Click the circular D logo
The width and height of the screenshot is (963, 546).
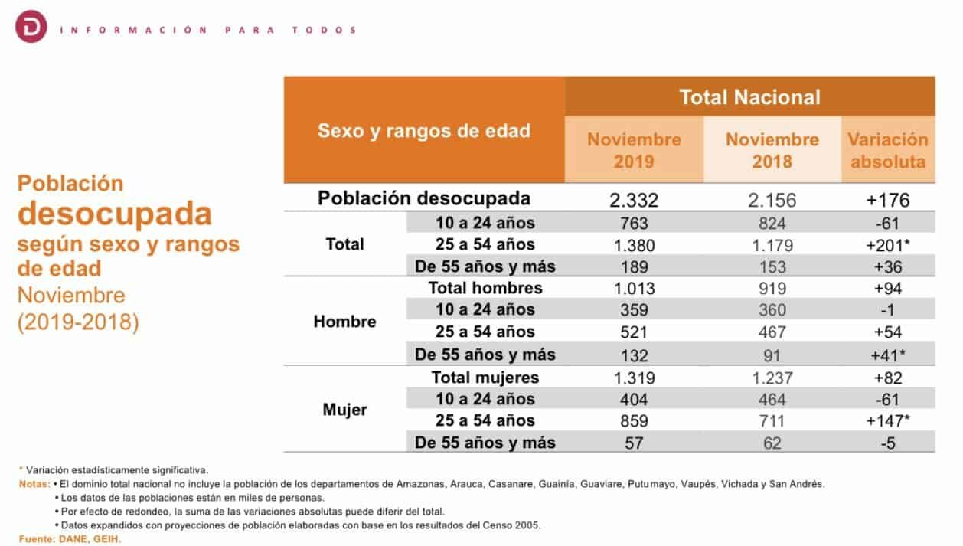(31, 27)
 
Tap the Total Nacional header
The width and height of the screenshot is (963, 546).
(749, 97)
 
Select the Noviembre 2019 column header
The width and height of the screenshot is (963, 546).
(634, 150)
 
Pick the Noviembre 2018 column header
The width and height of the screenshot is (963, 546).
(772, 150)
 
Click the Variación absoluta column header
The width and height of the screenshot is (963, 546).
(888, 150)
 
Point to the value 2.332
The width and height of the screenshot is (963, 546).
(634, 201)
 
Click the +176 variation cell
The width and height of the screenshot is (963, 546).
(888, 201)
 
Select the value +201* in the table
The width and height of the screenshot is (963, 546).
(888, 246)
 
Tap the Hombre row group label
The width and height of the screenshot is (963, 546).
(344, 322)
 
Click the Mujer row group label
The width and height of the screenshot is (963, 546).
(344, 410)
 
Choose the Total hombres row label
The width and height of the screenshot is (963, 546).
(485, 288)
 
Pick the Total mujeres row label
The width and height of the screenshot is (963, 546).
(485, 378)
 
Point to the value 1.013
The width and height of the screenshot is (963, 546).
(634, 289)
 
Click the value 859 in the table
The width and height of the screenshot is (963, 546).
(634, 421)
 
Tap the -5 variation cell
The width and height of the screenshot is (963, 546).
(888, 443)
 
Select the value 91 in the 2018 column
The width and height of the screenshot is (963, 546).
(772, 356)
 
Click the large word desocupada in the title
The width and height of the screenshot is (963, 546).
(115, 213)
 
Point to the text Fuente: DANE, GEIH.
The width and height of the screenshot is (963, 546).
(70, 538)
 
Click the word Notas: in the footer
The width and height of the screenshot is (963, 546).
(34, 484)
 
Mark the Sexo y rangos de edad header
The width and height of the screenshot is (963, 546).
(424, 131)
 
